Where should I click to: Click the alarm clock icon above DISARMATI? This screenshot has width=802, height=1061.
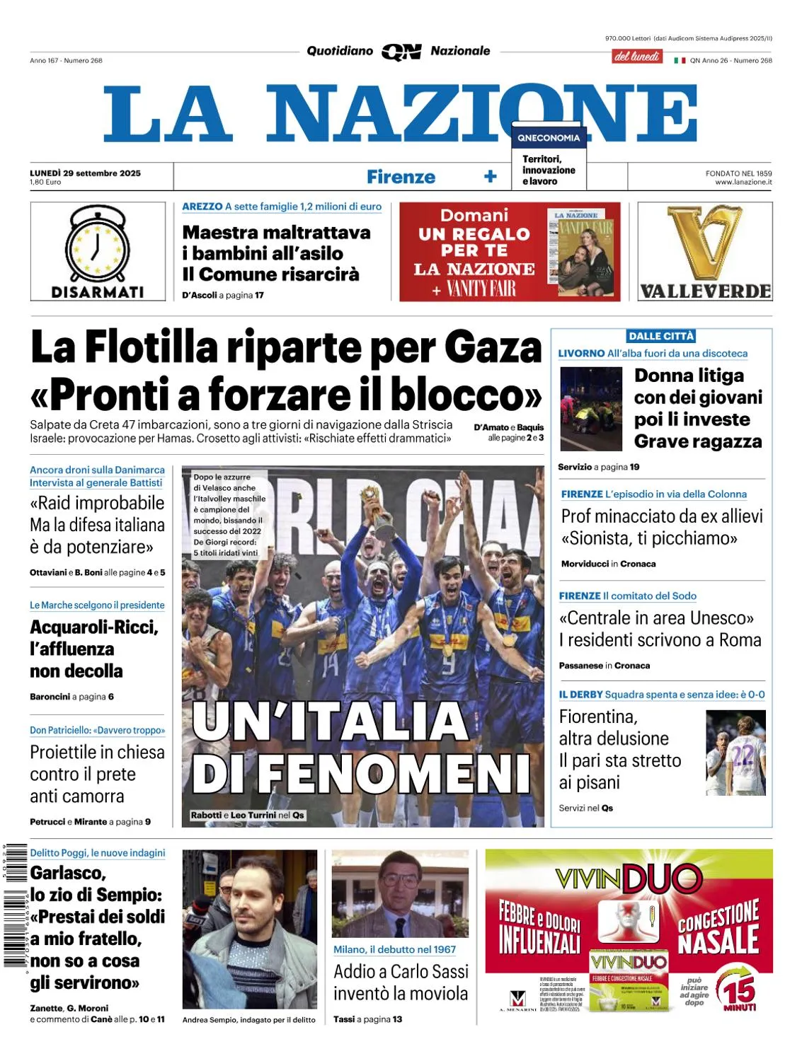97,244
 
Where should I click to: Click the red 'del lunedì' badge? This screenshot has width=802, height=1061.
637,57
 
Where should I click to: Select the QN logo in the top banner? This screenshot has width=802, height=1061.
401,52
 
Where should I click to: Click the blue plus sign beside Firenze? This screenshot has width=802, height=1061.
490,177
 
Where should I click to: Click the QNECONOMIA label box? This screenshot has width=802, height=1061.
549,138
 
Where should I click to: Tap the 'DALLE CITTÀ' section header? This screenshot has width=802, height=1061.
661,336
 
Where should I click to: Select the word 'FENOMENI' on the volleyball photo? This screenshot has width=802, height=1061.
361,774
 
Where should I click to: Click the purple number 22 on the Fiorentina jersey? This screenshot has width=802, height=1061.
741,755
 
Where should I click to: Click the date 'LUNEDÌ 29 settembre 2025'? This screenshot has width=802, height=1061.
85,173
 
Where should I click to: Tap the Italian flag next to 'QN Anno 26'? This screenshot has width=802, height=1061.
680,61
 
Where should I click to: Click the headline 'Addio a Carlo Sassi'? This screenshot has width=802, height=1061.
401,971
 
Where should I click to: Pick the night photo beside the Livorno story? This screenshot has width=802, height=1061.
591,409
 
